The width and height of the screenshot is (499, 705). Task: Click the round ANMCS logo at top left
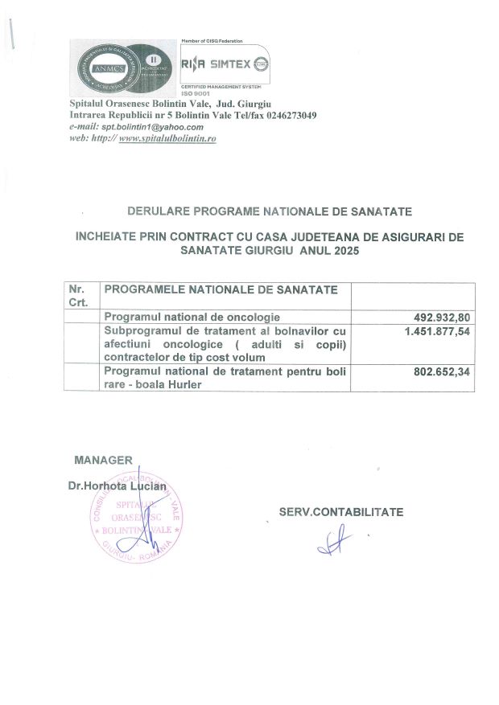[101, 68]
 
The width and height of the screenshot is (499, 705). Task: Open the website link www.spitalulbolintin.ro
[167, 138]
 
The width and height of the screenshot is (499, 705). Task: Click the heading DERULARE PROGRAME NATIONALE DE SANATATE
[270, 212]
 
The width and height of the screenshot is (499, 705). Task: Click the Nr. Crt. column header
[78, 295]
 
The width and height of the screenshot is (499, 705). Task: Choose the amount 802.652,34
[441, 371]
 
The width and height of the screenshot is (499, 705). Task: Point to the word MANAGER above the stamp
[103, 460]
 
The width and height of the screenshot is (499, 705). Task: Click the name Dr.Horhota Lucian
[117, 486]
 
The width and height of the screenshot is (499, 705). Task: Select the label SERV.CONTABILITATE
[341, 511]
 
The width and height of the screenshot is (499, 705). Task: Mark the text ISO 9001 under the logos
[196, 95]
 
